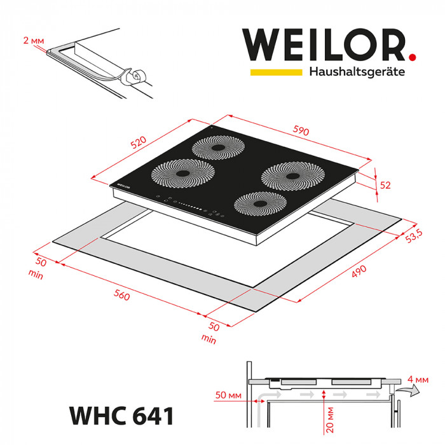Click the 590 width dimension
(x=301, y=132)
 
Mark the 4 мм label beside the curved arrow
(x=424, y=380)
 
